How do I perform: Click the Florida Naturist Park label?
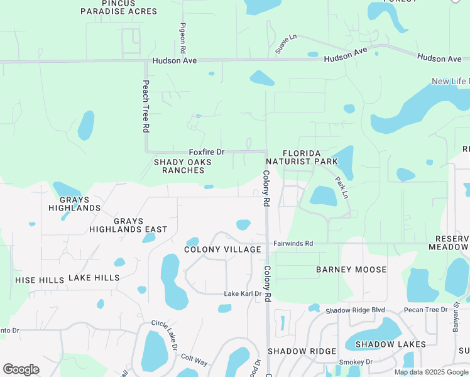310,158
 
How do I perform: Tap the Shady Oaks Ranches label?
183,166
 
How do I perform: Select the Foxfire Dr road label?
207,152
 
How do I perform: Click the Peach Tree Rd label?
146,106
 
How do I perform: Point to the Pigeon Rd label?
183,37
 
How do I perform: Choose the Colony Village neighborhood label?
222,249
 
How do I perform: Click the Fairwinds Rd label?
293,243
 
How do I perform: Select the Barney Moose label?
351,270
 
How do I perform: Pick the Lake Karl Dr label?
243,293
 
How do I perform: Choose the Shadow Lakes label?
390,344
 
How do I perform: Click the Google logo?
21,369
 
